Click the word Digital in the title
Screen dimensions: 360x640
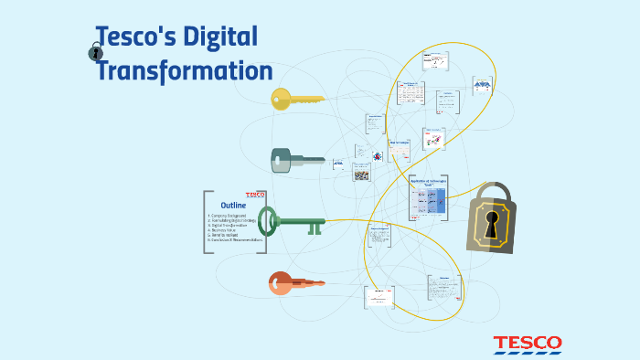219,37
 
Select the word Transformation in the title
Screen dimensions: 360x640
186,71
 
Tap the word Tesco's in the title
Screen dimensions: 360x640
135,37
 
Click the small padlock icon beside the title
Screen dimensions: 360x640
96,53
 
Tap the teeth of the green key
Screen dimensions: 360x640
314,227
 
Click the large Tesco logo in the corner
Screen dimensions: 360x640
528,344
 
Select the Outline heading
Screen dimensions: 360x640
235,206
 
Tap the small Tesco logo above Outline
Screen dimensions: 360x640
254,195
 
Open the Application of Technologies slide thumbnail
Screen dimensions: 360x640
428,197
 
